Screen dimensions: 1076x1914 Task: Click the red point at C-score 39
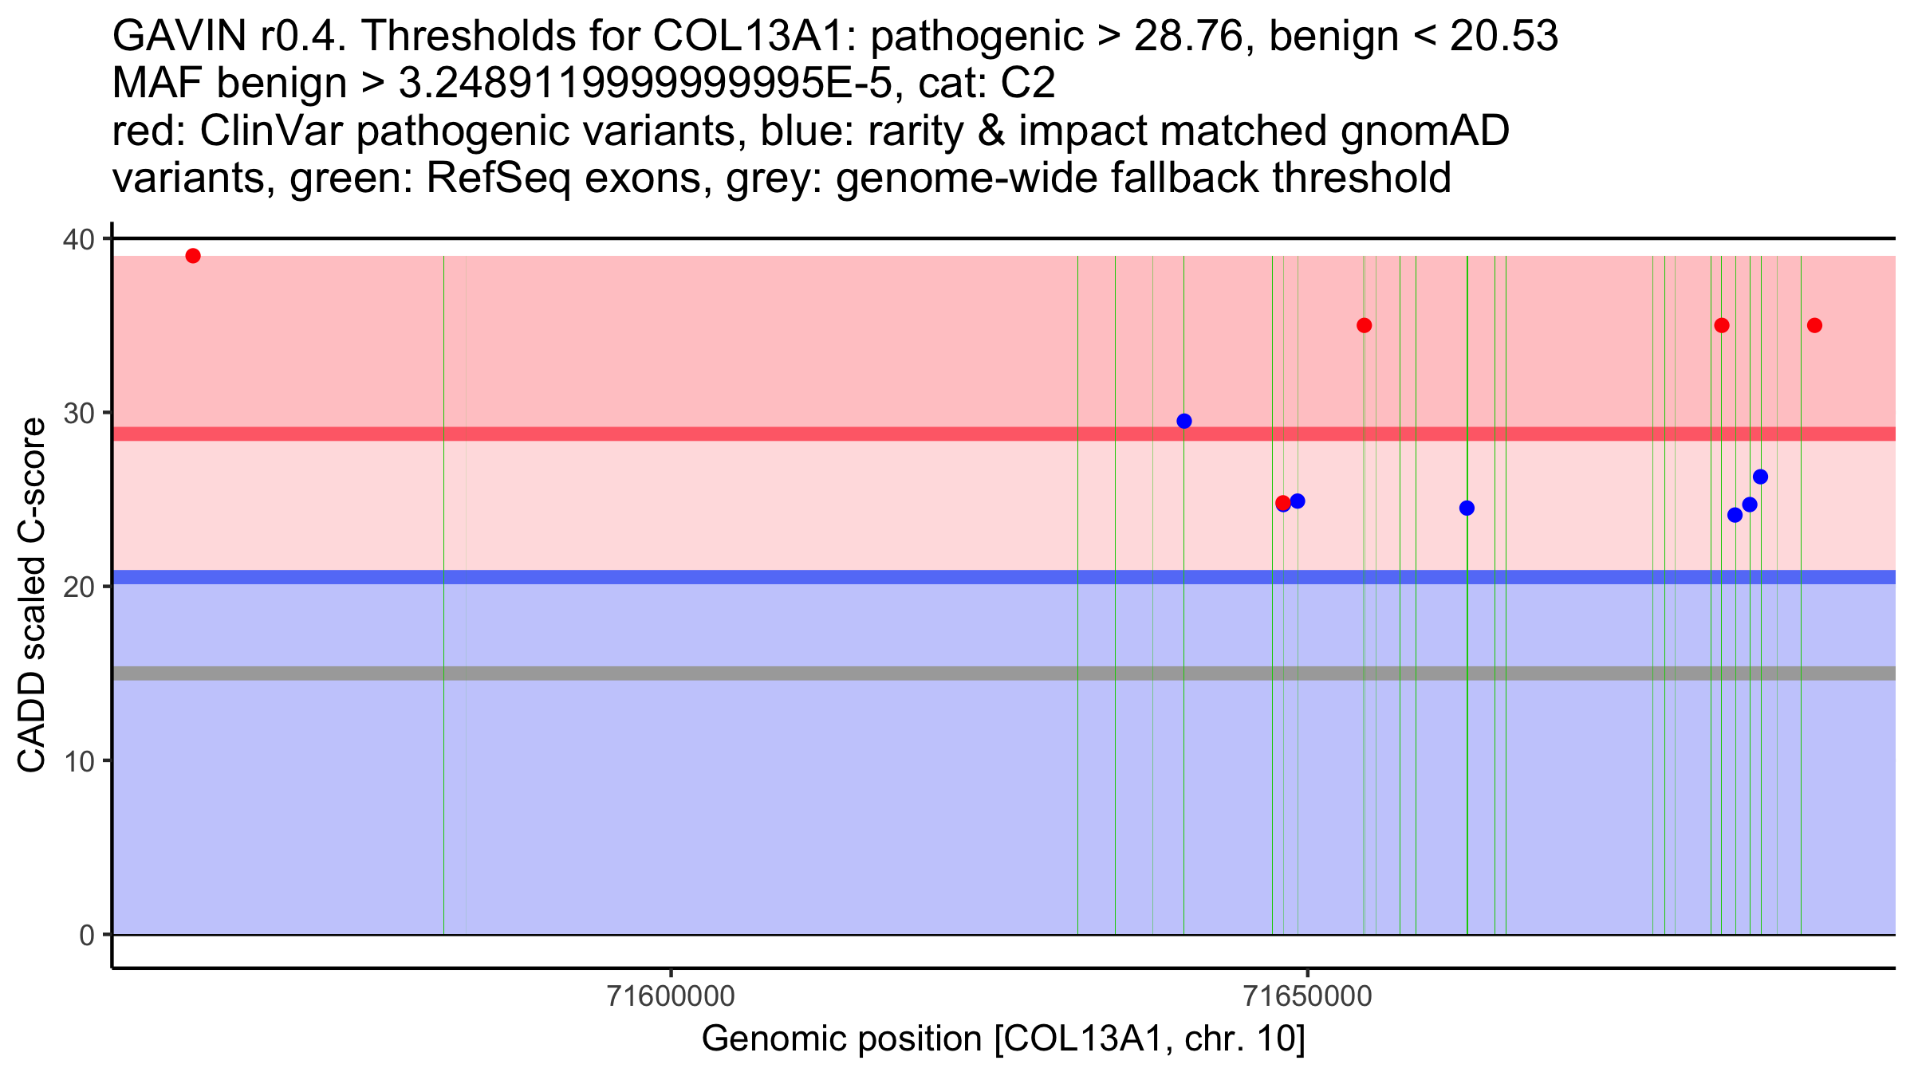(193, 256)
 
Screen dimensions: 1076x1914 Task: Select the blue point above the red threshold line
(1184, 422)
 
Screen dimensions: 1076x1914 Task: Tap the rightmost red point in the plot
(1814, 325)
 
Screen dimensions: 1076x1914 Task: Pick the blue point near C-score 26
(1760, 477)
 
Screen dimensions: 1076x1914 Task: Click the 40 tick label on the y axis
(77, 239)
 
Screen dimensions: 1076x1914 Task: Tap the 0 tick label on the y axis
(86, 935)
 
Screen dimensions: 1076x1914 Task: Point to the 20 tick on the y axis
(77, 587)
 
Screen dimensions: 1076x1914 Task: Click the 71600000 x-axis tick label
(671, 997)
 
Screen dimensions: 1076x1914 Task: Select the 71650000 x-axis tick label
(1308, 997)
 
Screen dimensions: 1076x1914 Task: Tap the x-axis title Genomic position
(1003, 1039)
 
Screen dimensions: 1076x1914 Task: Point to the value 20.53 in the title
(1503, 36)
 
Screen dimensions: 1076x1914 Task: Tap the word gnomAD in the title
(1424, 131)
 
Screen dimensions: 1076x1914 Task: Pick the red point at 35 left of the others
(1365, 325)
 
